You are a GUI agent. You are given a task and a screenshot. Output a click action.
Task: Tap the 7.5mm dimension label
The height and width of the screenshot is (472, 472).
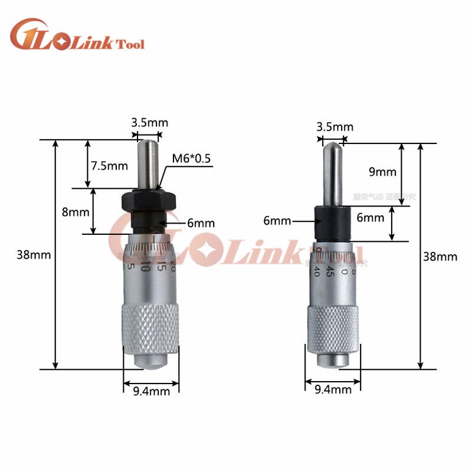point(109,166)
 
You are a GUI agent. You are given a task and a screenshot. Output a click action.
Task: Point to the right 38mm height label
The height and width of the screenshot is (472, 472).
point(440,256)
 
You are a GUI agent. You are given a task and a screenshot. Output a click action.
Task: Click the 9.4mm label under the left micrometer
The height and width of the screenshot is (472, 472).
point(152,391)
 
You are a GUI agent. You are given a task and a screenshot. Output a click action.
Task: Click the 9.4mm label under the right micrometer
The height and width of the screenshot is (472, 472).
point(333,389)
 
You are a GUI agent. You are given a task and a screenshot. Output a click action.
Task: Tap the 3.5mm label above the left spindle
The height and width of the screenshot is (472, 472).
point(149,123)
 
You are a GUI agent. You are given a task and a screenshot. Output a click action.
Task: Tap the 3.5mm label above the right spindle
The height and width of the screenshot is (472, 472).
point(335,126)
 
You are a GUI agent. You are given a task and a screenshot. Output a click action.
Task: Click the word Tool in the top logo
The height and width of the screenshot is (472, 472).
point(132,44)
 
